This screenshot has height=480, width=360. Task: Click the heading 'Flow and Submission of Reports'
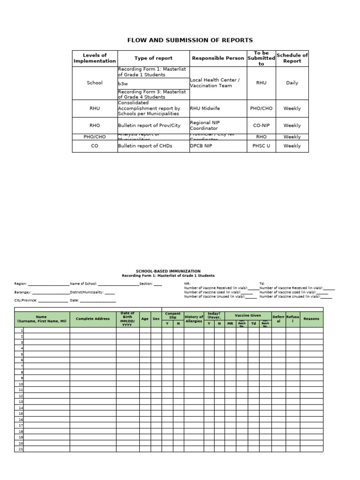tap(190, 40)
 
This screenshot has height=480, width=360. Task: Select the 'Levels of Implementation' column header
tap(95, 58)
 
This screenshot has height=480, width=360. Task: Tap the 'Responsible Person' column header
tap(218, 58)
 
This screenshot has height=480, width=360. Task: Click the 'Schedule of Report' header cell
tap(292, 58)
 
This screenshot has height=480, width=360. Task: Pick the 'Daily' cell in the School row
tap(292, 83)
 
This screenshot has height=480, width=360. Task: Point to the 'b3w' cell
tap(123, 83)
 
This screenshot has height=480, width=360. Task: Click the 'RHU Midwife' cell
tap(205, 108)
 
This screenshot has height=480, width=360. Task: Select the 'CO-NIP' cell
tap(261, 126)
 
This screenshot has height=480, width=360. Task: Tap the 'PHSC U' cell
tap(261, 146)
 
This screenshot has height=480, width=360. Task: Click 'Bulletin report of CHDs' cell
tap(145, 146)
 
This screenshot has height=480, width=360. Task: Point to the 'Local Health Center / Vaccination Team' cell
tap(215, 83)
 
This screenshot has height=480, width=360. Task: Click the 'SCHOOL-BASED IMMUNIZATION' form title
tap(168, 271)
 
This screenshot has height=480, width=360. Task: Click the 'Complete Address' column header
tap(93, 319)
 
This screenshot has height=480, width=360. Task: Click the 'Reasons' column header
tap(311, 319)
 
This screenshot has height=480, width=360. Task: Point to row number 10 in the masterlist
tap(21, 384)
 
